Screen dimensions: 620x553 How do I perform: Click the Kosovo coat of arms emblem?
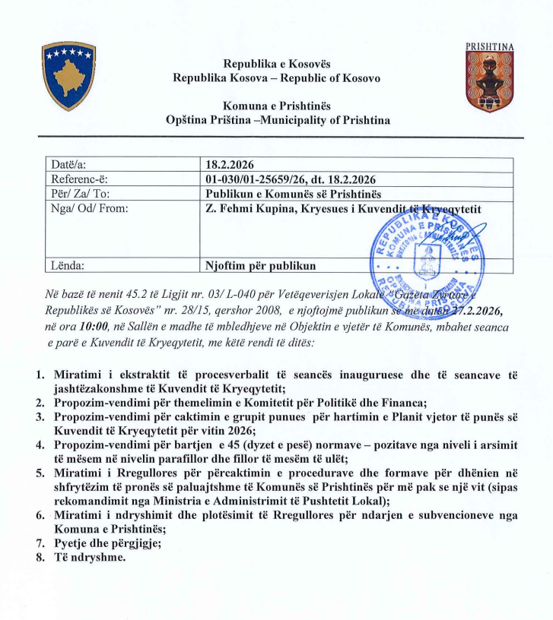[x=68, y=77]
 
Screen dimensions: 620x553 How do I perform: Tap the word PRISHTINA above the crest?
[x=489, y=46]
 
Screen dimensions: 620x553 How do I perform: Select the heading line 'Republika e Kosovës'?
[x=277, y=63]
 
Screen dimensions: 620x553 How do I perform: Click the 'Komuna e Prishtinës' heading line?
[x=277, y=106]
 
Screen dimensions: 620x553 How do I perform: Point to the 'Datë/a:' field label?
[x=69, y=164]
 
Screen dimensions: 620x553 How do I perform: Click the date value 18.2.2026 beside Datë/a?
[x=230, y=164]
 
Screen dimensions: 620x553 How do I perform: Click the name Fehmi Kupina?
[x=256, y=208]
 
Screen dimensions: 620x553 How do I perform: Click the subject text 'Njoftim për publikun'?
[x=259, y=266]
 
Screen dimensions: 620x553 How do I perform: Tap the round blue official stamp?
[x=426, y=251]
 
